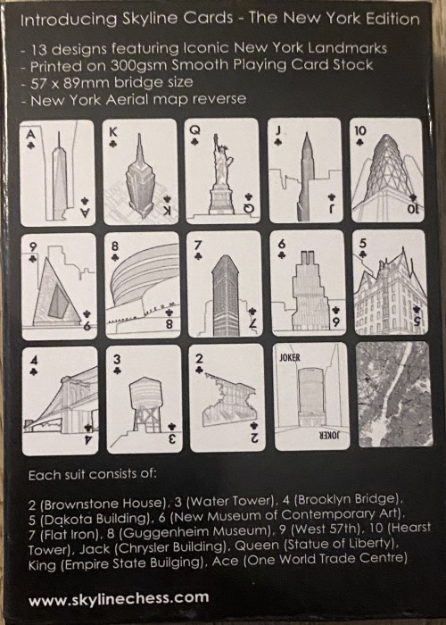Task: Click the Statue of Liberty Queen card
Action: (x=223, y=171)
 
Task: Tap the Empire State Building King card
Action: (x=140, y=171)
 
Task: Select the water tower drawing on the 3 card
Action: (x=145, y=404)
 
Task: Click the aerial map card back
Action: (x=394, y=394)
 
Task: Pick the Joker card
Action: (x=312, y=396)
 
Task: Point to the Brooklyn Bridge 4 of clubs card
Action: (x=60, y=401)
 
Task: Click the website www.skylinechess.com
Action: (x=119, y=598)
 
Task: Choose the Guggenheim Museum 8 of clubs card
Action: (x=143, y=285)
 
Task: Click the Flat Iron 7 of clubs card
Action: (x=224, y=284)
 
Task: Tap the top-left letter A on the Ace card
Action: (x=30, y=134)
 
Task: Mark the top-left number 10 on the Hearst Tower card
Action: (x=360, y=130)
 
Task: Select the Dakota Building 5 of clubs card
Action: (x=391, y=282)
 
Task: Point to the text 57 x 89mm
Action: (x=70, y=83)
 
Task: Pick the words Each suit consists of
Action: (x=93, y=474)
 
